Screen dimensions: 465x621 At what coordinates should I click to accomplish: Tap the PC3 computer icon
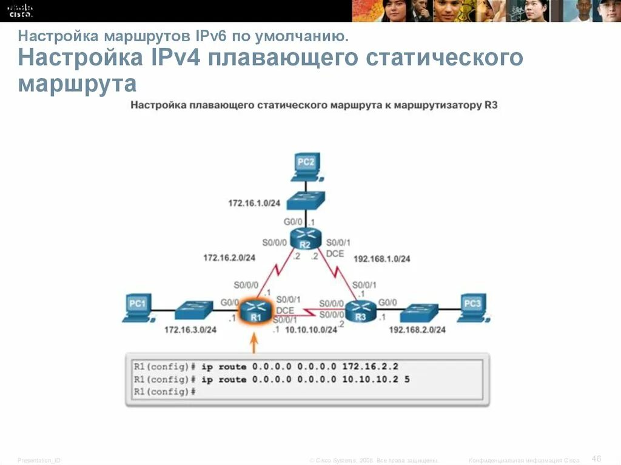coord(472,306)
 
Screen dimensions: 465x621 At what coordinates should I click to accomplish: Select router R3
coord(361,312)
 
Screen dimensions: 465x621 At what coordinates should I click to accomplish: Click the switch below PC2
coord(306,201)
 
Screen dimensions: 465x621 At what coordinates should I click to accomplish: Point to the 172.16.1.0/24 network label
coord(254,202)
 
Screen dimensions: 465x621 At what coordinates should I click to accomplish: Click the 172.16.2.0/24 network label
coord(229,258)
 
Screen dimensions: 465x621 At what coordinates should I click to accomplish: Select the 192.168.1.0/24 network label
coord(382,258)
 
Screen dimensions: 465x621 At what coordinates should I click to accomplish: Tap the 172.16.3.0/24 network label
coord(190,330)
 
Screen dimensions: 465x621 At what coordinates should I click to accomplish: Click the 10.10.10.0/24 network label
coord(310,330)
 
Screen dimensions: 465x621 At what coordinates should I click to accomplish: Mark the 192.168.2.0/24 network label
coord(418,330)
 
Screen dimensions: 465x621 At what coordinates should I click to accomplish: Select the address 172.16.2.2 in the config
coord(370,367)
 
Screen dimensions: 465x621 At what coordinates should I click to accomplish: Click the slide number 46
coord(596,458)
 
